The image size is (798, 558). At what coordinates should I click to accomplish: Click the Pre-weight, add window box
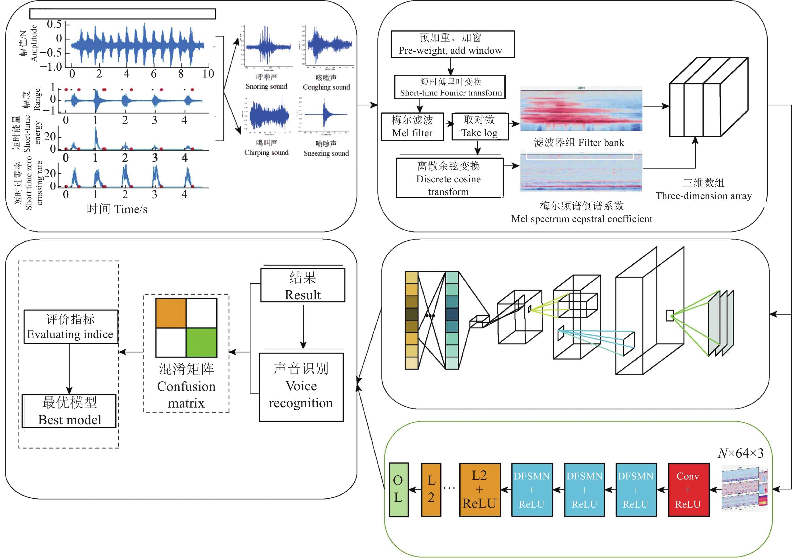(452, 44)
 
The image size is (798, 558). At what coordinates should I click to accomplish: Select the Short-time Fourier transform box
(449, 87)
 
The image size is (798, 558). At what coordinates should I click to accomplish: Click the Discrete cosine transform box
(449, 178)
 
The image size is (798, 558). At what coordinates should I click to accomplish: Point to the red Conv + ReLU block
(688, 490)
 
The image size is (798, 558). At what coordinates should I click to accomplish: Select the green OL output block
(398, 490)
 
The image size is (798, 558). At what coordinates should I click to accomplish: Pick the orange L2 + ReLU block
(480, 490)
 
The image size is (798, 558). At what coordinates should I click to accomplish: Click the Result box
(303, 285)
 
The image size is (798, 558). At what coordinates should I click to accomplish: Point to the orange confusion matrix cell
(171, 313)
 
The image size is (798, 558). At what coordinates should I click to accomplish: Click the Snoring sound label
(266, 86)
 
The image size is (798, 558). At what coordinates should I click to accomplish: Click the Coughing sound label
(326, 87)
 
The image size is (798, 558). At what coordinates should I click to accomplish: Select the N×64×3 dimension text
(740, 453)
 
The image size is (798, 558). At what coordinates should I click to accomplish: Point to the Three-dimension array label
(704, 196)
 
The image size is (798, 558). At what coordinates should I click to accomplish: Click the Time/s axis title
(117, 209)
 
